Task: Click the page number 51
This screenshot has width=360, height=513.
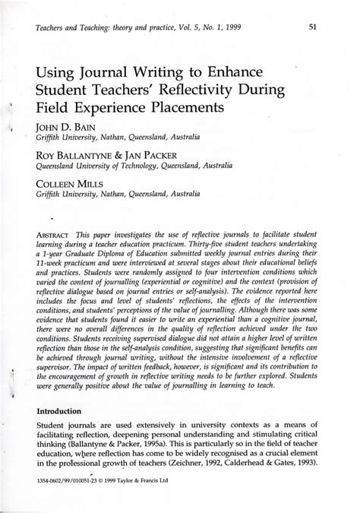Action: click(x=312, y=28)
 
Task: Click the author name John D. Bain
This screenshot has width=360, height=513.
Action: click(x=64, y=126)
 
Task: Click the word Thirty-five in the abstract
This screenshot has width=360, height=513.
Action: click(x=245, y=246)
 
